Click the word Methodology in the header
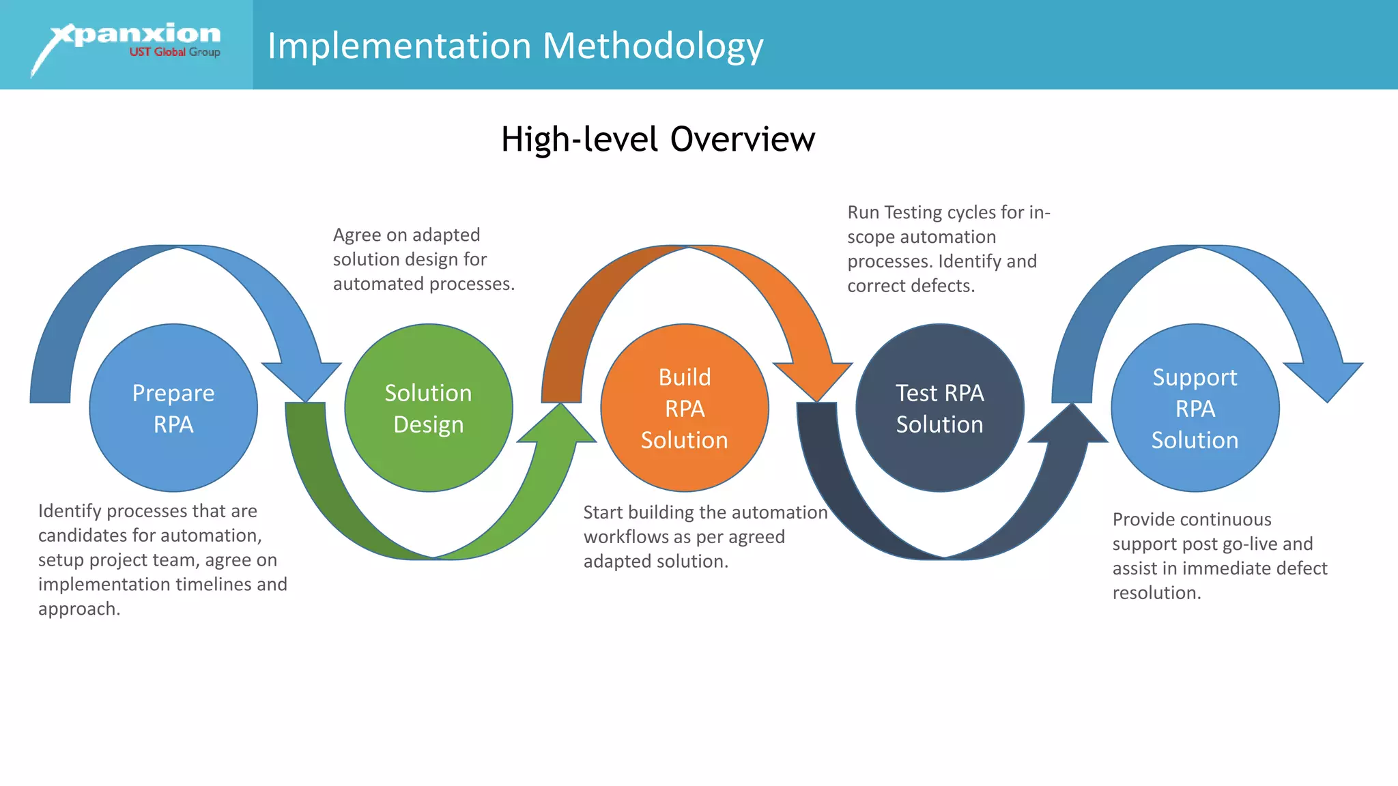[653, 46]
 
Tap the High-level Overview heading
[657, 139]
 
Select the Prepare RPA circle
[173, 408]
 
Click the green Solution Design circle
[429, 408]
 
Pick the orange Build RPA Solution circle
[685, 408]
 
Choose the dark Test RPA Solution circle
[940, 408]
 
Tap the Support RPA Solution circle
[1195, 408]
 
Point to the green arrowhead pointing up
[558, 426]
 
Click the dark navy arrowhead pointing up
[1070, 426]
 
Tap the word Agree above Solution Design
[357, 235]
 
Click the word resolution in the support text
[1155, 593]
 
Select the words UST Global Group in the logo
[175, 53]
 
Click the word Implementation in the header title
[399, 46]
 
